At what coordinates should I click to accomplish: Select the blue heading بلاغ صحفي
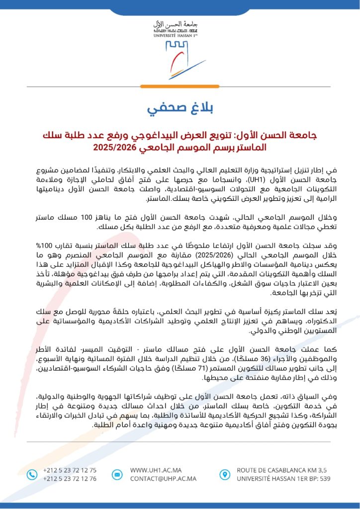[180, 109]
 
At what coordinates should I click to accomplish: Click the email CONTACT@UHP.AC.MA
[163, 479]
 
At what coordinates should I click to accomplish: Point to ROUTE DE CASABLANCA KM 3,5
[282, 470]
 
